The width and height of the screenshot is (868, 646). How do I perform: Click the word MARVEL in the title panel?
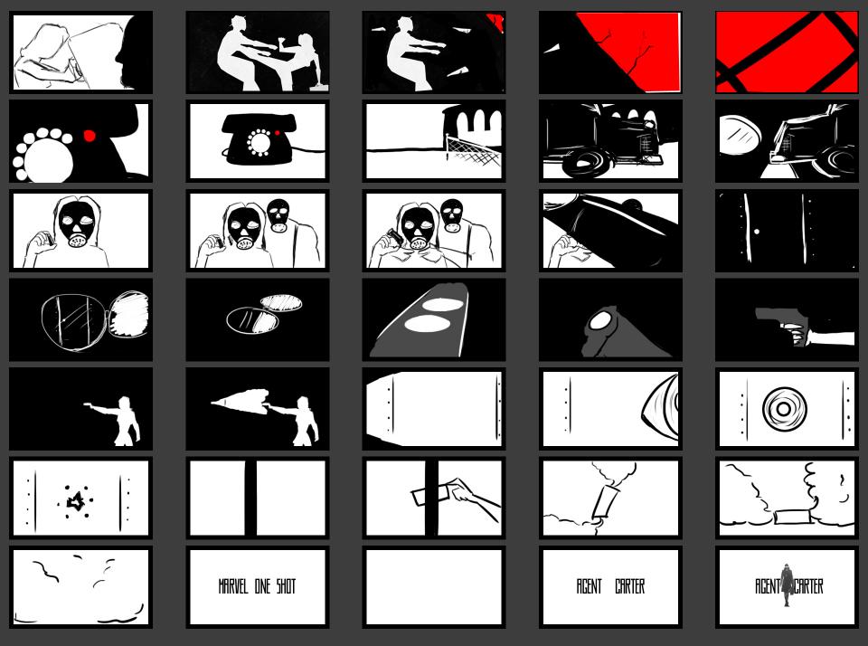click(233, 586)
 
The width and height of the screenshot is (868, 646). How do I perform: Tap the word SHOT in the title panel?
click(287, 586)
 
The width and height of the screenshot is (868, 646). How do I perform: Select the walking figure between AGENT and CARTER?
click(787, 585)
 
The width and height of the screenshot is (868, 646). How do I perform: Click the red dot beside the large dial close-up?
click(89, 135)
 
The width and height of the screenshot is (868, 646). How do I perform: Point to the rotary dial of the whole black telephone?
click(259, 142)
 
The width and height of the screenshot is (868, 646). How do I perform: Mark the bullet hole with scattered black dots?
click(75, 501)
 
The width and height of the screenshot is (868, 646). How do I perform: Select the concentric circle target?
click(784, 408)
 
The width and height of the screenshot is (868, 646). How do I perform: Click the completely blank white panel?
click(433, 586)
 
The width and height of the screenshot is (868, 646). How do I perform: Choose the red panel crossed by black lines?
click(786, 52)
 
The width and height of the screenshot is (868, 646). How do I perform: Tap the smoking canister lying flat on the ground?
click(792, 517)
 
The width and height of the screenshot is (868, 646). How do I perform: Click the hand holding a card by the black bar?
click(473, 497)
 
